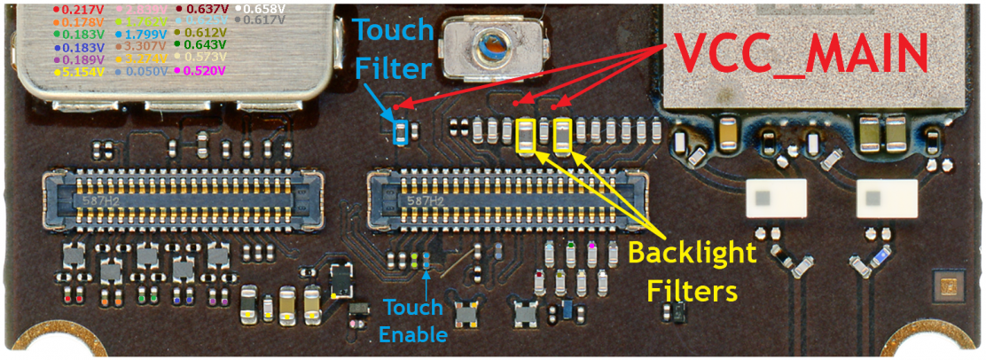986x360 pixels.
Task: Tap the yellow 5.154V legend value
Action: [x=81, y=71]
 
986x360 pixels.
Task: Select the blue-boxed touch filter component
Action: [x=400, y=134]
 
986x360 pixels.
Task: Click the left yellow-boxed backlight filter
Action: [x=526, y=136]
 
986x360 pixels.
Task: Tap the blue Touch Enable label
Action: [x=413, y=321]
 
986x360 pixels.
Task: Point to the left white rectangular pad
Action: [x=777, y=199]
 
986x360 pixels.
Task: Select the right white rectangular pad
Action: [x=886, y=199]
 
